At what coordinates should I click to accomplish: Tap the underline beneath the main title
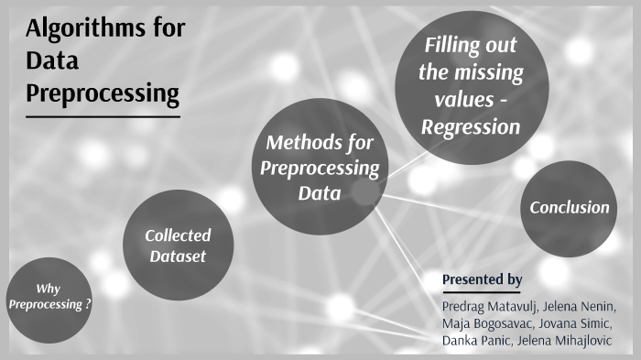click(103, 116)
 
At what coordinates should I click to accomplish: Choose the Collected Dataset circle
click(178, 245)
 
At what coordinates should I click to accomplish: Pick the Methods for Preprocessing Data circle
click(320, 168)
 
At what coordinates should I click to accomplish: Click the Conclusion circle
click(569, 207)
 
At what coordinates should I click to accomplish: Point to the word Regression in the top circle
click(471, 126)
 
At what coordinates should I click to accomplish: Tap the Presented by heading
click(482, 278)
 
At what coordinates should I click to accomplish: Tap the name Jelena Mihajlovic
click(569, 341)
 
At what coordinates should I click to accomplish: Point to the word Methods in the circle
click(298, 142)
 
